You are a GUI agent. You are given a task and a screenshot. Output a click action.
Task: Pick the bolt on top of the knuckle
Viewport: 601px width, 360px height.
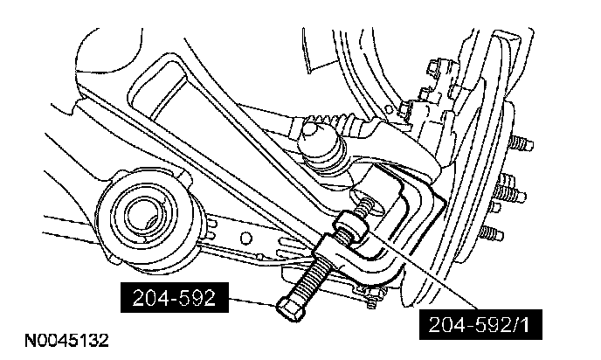(404, 109)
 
